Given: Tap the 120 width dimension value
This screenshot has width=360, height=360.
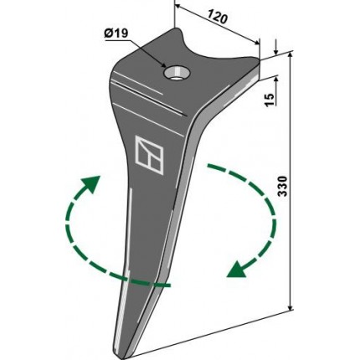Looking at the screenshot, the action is point(218,18).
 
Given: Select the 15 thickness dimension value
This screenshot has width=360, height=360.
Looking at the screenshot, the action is point(270,100).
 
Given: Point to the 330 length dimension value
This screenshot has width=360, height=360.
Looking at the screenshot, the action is point(282,186).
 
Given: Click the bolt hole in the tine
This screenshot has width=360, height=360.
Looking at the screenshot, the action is point(177,73).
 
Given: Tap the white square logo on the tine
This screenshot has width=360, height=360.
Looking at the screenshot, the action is point(149,155).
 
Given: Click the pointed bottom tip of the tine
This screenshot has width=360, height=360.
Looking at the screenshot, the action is point(122,357).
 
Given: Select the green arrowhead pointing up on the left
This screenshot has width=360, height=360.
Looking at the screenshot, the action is point(93,183).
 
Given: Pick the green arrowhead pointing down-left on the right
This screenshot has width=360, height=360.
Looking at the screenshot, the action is point(236,270).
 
